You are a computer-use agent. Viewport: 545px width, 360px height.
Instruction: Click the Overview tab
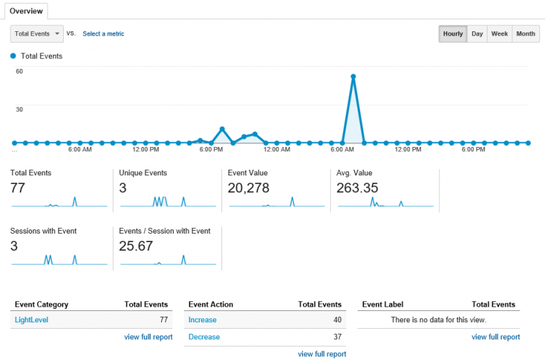(26, 11)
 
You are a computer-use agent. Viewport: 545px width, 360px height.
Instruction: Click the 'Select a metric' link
(104, 33)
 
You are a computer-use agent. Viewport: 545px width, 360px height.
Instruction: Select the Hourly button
(453, 34)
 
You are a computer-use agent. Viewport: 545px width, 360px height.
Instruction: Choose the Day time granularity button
(478, 34)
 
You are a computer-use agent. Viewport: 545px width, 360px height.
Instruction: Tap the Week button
(500, 34)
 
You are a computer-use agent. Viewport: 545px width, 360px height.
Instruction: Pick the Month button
(526, 34)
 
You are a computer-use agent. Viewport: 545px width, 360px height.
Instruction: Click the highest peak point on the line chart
(353, 76)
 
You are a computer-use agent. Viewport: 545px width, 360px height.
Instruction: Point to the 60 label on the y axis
(19, 71)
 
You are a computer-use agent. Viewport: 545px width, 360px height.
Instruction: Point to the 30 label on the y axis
(19, 109)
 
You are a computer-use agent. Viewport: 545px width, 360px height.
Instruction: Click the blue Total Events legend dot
(13, 56)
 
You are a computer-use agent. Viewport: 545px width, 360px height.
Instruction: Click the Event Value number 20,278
(250, 188)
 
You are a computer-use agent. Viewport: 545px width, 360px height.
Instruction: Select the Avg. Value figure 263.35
(358, 188)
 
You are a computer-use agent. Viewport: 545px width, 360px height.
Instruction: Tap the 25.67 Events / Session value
(136, 246)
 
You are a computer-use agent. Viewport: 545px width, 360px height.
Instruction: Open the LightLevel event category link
(31, 320)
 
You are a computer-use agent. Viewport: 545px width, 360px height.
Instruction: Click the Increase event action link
(202, 320)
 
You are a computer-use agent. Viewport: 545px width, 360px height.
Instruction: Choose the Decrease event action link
(204, 337)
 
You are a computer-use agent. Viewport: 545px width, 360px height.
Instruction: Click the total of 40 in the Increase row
(337, 320)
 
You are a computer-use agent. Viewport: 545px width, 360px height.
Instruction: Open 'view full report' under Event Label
(495, 337)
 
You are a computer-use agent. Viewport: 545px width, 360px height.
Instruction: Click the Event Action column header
(211, 305)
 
